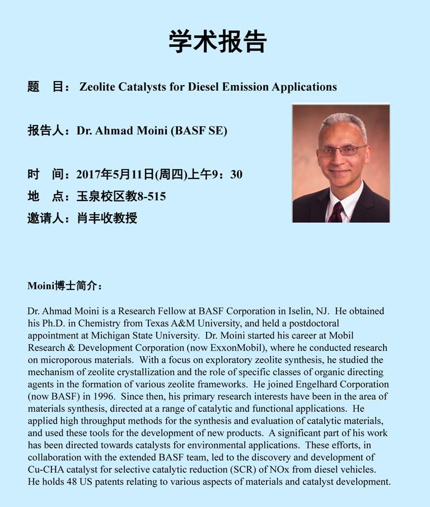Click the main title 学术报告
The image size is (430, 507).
click(x=218, y=42)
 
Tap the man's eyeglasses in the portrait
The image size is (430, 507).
click(x=341, y=150)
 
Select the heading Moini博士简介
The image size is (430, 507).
click(x=64, y=286)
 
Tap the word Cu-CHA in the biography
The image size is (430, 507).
click(x=44, y=469)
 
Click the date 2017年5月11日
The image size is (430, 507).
click(x=115, y=175)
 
